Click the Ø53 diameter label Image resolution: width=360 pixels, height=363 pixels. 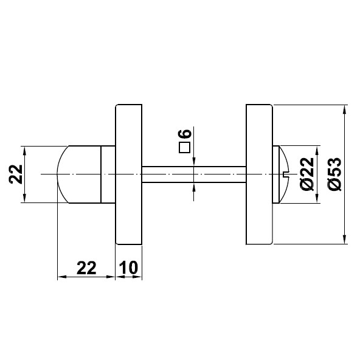(333, 175)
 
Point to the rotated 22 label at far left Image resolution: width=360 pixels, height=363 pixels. (16, 175)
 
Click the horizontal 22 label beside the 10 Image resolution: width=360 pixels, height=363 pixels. (86, 268)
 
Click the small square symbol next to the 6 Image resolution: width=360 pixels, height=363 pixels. (185, 147)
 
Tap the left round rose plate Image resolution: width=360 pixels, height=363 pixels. (128, 175)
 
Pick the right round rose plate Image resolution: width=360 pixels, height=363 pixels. (260, 175)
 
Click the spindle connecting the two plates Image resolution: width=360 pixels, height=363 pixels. (194, 175)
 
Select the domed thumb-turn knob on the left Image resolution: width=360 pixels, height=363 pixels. (78, 175)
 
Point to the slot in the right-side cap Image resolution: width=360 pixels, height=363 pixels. (285, 175)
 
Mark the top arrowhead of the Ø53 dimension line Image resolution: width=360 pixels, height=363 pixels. (345, 111)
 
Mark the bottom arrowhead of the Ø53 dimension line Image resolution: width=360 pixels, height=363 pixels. (345, 239)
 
